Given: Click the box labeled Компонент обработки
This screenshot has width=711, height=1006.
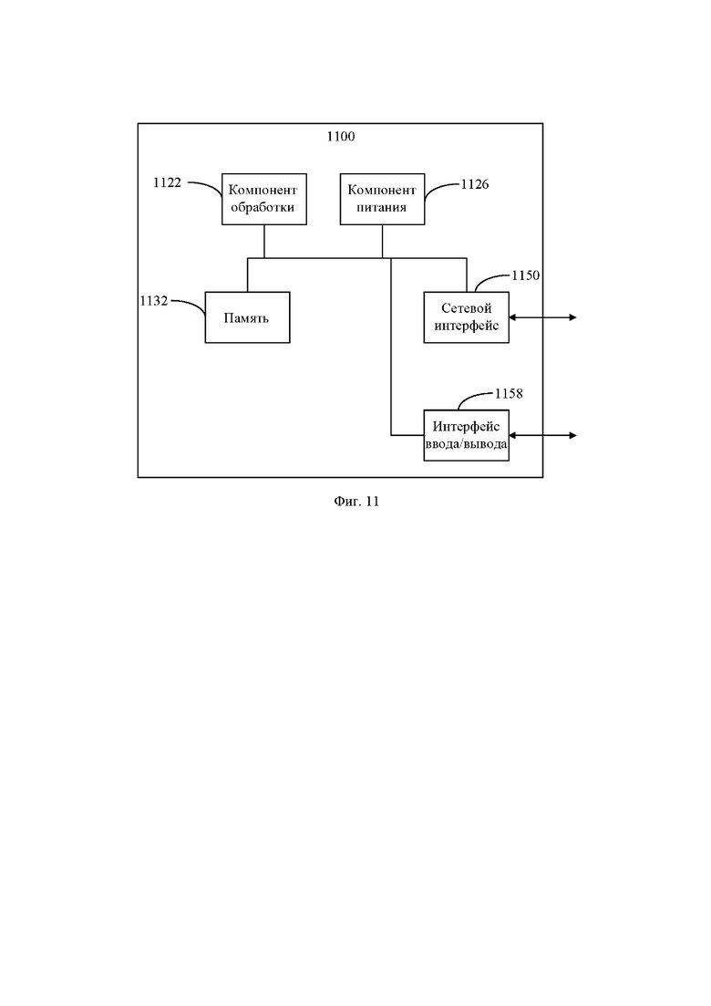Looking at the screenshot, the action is tap(264, 199).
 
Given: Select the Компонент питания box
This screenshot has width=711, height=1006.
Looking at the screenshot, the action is tap(382, 199).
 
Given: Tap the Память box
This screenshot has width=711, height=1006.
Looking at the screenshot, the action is tap(247, 317).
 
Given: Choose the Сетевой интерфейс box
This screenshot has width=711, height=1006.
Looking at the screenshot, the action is tap(467, 317).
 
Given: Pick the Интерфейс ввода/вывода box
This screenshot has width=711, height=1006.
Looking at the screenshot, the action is tap(467, 436).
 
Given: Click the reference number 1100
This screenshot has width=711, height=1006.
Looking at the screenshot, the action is tap(340, 136).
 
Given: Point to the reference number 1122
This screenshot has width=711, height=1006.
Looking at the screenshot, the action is tap(168, 182).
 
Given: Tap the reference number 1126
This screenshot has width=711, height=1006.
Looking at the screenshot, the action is tap(475, 185).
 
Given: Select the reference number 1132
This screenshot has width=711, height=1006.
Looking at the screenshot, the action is tap(154, 301).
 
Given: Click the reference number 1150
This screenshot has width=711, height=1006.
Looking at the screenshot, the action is tap(526, 275).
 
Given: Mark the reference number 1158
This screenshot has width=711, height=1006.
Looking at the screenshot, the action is tap(509, 394).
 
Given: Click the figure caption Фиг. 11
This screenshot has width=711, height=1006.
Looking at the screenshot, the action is tap(356, 502).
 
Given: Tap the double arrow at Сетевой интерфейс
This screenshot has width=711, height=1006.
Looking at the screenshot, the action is tap(542, 317).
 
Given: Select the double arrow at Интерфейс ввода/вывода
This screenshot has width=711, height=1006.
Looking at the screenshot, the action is tap(542, 436).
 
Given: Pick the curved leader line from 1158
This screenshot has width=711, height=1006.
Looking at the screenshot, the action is tap(474, 397).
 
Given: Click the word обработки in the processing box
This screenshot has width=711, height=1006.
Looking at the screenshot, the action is tap(263, 208).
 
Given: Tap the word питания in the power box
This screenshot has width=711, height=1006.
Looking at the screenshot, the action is tap(382, 208).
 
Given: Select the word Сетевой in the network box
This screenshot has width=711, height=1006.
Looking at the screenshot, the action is tap(467, 308).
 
